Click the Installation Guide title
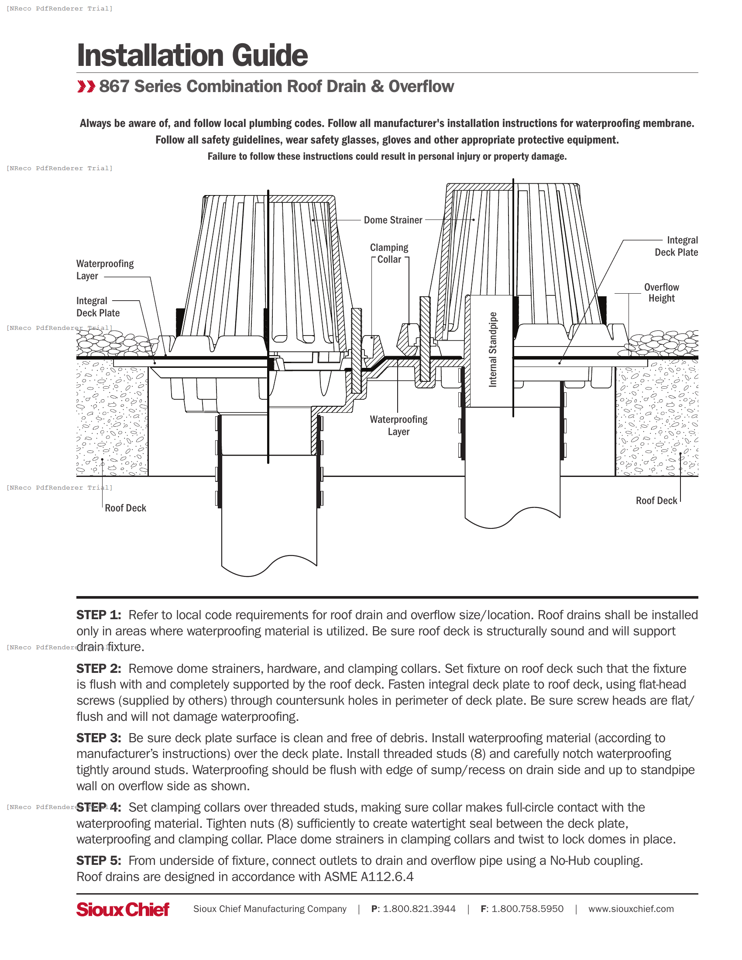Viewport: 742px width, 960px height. point(192,55)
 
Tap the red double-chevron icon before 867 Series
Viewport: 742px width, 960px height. point(86,86)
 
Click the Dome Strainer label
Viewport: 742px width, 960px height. point(392,220)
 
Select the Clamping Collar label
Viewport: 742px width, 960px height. point(389,254)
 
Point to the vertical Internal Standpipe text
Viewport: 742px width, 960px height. point(493,350)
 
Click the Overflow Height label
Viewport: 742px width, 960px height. point(661,292)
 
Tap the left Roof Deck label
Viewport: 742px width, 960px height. point(125,508)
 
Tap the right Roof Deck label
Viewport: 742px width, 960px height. point(656,501)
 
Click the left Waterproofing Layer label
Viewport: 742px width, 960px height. point(105,269)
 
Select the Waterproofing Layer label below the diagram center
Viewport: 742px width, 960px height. point(398,425)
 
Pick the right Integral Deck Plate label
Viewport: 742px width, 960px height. point(676,246)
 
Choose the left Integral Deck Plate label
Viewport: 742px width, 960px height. point(98,307)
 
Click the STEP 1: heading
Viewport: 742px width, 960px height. point(99,615)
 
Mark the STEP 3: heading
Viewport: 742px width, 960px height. point(99,738)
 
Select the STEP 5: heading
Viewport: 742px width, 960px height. point(99,861)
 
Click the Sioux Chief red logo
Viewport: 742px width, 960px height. point(123,909)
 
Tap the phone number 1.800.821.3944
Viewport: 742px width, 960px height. point(419,909)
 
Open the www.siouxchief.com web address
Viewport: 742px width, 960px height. point(631,909)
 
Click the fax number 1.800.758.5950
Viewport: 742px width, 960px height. point(527,909)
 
